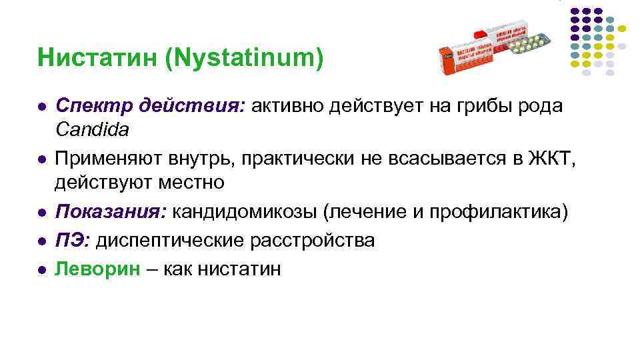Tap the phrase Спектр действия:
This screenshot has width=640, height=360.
click(150, 105)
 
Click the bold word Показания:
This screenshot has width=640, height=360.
click(111, 212)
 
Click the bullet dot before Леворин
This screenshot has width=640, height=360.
click(41, 269)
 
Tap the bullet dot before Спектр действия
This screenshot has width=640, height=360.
click(41, 107)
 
